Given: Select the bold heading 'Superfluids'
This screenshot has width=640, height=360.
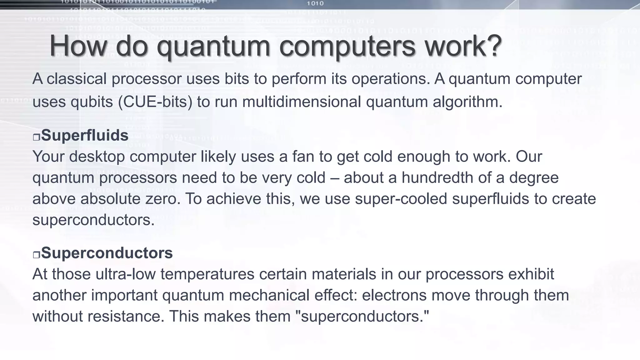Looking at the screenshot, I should (x=84, y=135).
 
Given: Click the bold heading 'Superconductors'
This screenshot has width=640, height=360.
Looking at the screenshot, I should (x=107, y=253).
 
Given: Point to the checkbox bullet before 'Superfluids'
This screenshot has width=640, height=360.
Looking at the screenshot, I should (x=36, y=137).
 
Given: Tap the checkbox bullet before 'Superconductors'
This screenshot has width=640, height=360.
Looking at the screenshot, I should (x=36, y=255).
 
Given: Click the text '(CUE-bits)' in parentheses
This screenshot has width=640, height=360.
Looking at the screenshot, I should (x=155, y=102).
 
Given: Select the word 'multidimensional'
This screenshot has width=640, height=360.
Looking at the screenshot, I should (x=301, y=102).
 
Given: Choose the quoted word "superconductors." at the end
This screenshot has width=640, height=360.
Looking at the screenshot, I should (x=362, y=317).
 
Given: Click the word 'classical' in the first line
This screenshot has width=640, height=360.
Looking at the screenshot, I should (x=77, y=78).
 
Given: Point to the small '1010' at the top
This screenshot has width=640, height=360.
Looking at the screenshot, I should (x=315, y=3).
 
